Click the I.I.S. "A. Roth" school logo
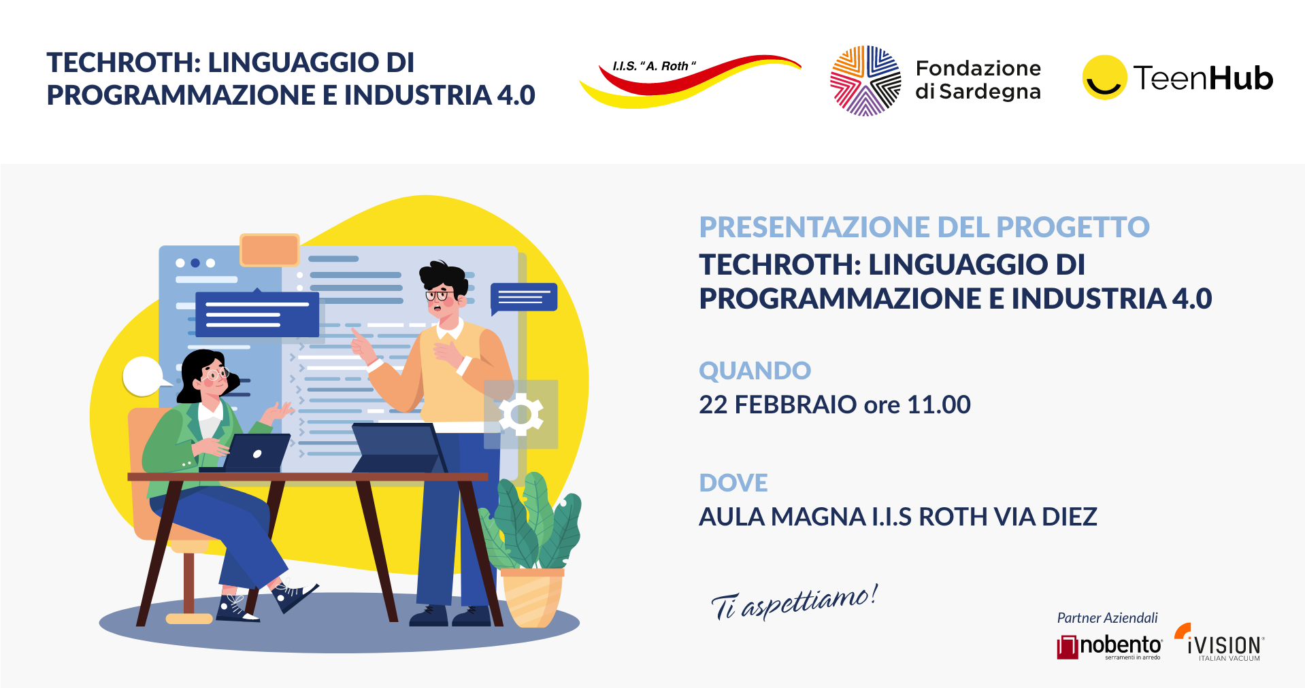coord(689,80)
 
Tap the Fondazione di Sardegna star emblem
coord(865,81)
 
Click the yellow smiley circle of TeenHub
coord(1104,78)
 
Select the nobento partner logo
coord(1110,647)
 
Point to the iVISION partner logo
coord(1219,642)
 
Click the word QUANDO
coord(755,371)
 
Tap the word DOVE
coord(733,483)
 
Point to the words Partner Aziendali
coord(1107,618)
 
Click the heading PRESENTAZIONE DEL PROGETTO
coord(924,227)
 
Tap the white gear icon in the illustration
coord(521,414)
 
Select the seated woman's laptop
coord(250,453)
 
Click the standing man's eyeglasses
coord(440,295)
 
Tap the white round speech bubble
coord(144,377)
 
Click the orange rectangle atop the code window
coord(270,250)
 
